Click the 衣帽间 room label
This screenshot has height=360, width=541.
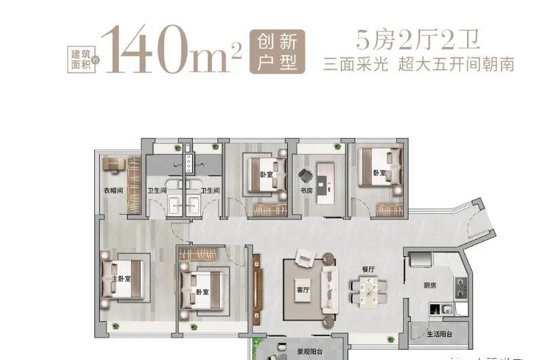112,191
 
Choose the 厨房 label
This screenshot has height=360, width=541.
429,286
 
